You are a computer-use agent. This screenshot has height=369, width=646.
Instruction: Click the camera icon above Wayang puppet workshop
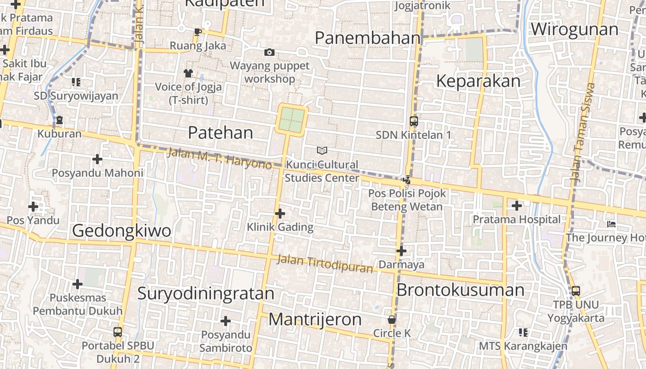click(x=269, y=53)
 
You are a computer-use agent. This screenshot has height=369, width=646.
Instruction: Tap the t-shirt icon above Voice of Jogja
click(x=188, y=73)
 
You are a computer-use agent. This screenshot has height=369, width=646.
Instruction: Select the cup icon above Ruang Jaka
click(x=198, y=32)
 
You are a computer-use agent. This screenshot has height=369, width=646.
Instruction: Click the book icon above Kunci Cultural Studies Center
click(x=322, y=150)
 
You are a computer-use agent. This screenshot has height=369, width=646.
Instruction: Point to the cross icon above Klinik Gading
click(x=280, y=214)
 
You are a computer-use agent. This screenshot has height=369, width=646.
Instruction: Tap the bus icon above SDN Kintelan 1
click(x=414, y=121)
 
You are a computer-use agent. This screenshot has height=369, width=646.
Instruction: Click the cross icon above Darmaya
click(x=401, y=251)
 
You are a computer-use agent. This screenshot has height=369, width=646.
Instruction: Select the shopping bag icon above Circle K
click(x=392, y=320)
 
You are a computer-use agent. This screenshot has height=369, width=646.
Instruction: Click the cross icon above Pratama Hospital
click(x=517, y=206)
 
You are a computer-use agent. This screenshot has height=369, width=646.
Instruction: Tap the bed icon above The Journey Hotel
click(x=611, y=224)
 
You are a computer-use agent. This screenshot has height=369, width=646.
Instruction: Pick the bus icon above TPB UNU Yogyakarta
click(x=576, y=291)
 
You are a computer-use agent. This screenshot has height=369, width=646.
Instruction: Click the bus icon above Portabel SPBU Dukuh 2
click(x=118, y=332)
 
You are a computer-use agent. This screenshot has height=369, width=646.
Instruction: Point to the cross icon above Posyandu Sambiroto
click(x=226, y=321)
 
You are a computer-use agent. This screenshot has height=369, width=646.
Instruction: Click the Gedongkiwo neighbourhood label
click(x=121, y=230)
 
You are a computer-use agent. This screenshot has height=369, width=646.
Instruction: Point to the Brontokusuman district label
click(x=460, y=290)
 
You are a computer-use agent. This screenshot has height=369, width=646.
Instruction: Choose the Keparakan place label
click(x=478, y=81)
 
